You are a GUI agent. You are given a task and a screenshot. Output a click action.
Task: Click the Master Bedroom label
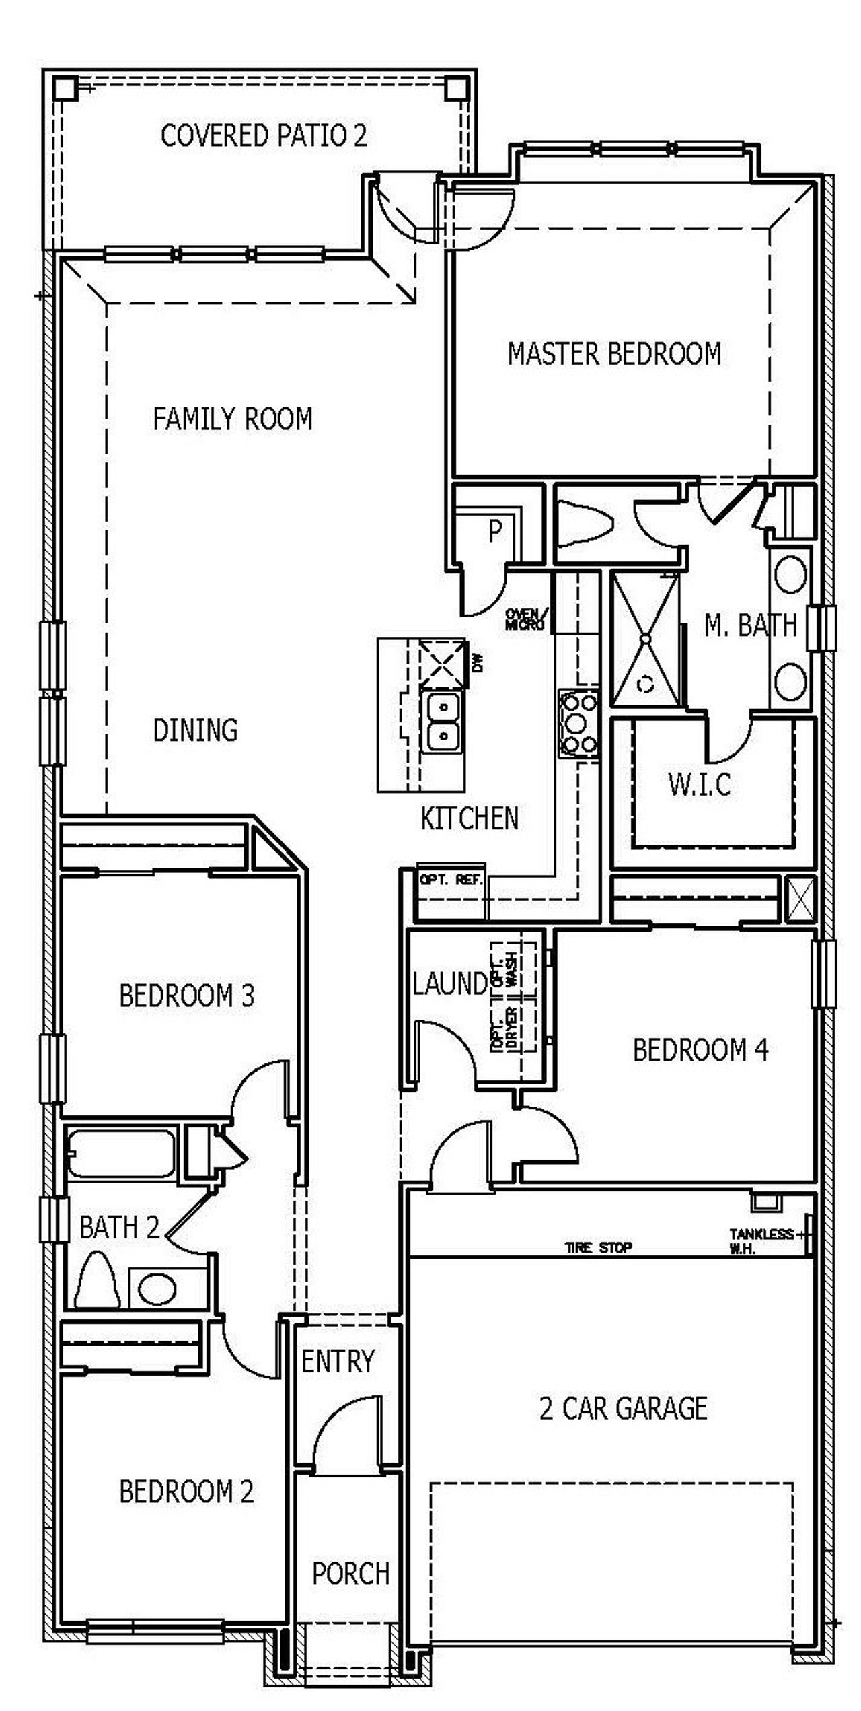(613, 354)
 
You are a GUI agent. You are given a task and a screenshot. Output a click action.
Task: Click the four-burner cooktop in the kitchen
(578, 724)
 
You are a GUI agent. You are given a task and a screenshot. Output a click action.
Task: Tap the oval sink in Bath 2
(157, 1289)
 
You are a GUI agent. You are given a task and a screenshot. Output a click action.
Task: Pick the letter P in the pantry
(495, 532)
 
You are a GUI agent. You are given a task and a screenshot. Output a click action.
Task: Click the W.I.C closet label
(700, 784)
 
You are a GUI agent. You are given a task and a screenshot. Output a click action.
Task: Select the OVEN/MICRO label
(526, 619)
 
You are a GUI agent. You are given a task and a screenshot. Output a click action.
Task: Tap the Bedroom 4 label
(700, 1050)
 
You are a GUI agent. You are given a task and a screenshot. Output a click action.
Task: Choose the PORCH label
(350, 1574)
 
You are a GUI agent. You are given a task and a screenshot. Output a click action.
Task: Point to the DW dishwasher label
(478, 664)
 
